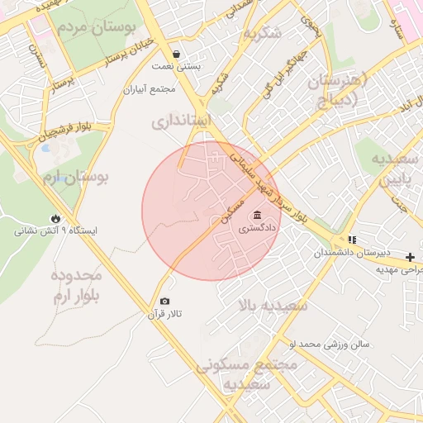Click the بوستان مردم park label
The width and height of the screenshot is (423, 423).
[96, 27]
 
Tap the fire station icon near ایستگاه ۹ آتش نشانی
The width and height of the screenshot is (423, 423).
[55, 219]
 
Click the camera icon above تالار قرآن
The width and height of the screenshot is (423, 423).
[164, 302]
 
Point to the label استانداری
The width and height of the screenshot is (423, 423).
[182, 122]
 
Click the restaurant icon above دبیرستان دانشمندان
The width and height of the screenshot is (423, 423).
[352, 240]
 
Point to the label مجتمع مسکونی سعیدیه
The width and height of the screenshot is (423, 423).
[235, 374]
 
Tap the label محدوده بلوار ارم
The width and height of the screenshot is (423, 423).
[75, 286]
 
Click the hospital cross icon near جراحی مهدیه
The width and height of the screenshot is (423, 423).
[411, 258]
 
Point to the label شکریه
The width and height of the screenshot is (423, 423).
[263, 33]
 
